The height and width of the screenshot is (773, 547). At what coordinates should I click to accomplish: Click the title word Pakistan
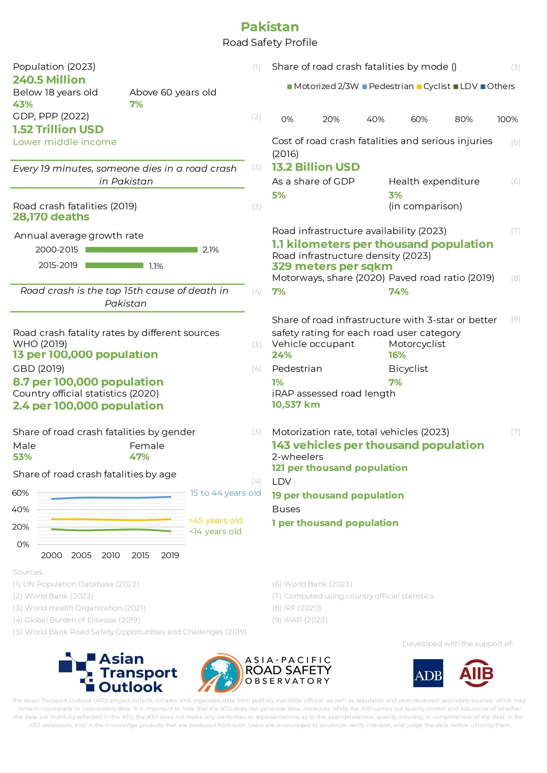[x=270, y=27]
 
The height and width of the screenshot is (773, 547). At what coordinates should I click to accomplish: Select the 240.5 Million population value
[x=49, y=80]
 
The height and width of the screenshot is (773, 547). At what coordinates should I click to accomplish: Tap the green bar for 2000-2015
[x=141, y=249]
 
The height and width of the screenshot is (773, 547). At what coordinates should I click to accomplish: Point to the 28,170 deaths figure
[x=51, y=217]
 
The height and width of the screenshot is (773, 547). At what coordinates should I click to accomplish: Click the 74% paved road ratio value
[x=398, y=291]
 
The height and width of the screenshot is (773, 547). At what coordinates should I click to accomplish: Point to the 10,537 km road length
[x=296, y=405]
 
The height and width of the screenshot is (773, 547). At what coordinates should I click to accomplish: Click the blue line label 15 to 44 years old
[x=225, y=493]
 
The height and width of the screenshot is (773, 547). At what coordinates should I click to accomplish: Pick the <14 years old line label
[x=215, y=532]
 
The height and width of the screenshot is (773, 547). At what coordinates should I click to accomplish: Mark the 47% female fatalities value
[x=139, y=457]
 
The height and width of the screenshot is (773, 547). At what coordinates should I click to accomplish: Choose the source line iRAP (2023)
[x=299, y=620]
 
